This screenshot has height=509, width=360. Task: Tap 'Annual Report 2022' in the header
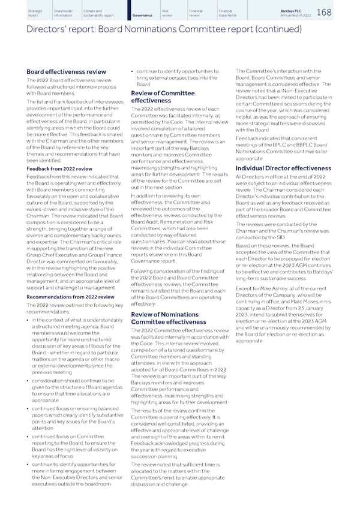click(x=311, y=16)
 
